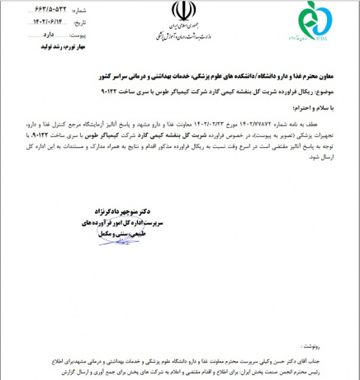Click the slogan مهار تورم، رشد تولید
(50, 48)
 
